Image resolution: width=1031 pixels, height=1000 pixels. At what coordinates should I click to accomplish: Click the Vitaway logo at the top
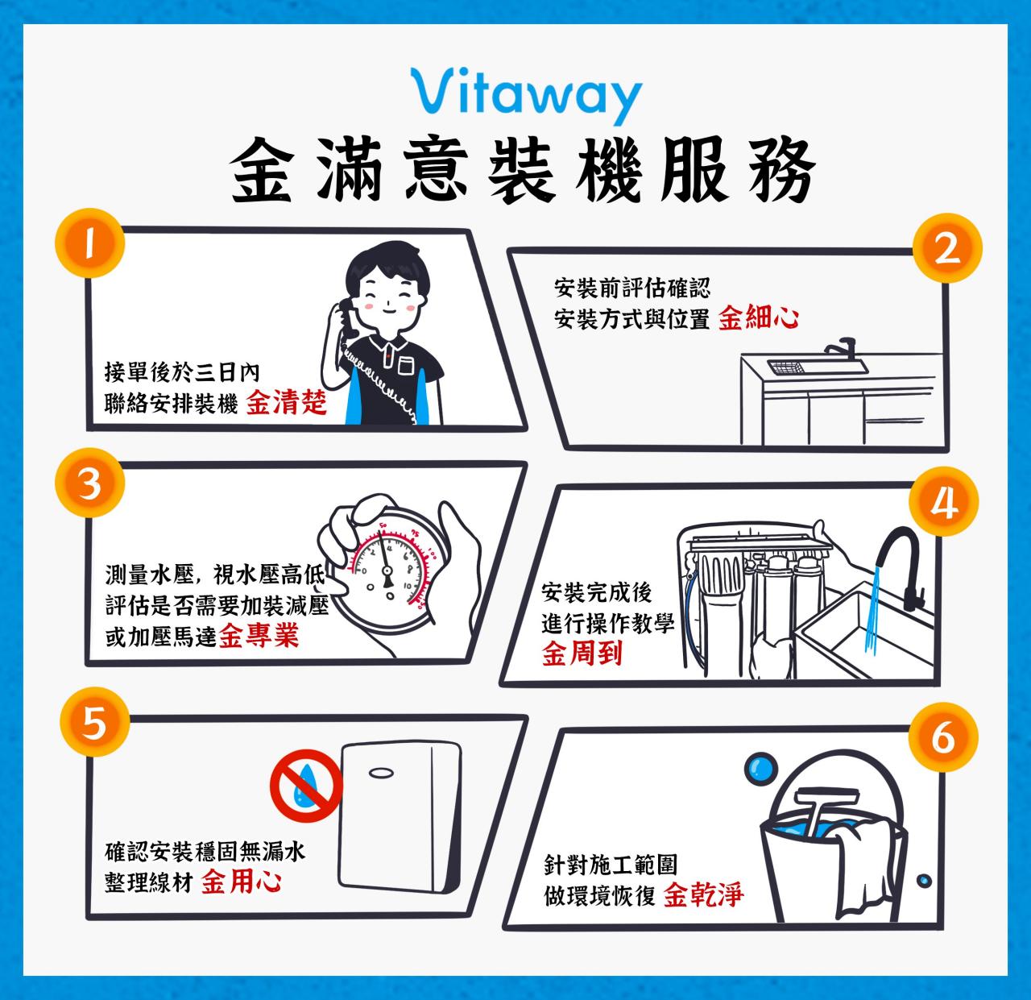(x=526, y=94)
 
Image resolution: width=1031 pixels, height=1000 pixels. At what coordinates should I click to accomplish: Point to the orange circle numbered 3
(x=90, y=484)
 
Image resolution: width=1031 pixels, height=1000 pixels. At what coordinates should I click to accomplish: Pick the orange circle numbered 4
(x=944, y=504)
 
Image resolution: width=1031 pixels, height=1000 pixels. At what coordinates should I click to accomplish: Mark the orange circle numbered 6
(x=942, y=737)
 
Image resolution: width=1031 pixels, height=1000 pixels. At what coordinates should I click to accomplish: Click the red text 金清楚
(x=287, y=402)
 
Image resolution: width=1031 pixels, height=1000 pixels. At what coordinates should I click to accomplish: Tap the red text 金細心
(x=758, y=317)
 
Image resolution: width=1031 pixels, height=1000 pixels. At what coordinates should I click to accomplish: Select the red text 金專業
(x=259, y=637)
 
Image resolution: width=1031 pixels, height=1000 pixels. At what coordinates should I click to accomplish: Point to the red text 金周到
(x=582, y=654)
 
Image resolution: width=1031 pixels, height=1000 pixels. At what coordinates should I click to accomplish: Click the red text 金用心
(x=241, y=882)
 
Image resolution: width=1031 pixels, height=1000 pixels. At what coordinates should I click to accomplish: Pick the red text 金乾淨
(x=703, y=894)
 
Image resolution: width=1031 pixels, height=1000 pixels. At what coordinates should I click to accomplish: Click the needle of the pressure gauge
(x=387, y=564)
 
